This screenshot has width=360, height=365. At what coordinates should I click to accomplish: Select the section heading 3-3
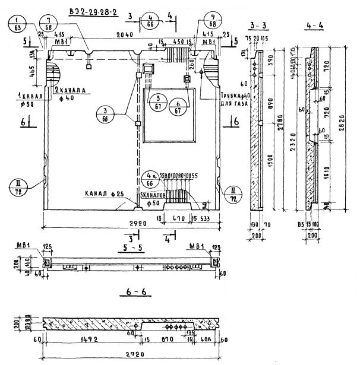(259, 26)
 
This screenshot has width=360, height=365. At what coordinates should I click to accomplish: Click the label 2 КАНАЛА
(71, 91)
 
